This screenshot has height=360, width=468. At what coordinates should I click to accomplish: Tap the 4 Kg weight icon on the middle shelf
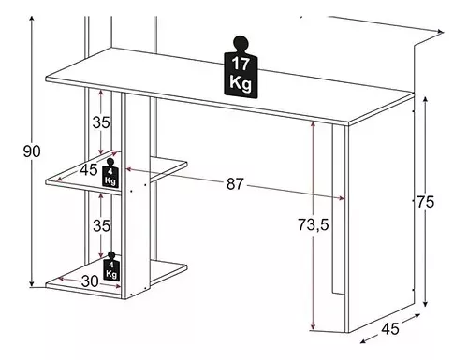tap(110, 173)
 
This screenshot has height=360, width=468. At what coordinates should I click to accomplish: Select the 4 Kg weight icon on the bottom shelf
tap(110, 266)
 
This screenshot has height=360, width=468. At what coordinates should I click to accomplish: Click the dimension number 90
tap(32, 151)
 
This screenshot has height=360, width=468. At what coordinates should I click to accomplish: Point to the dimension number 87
tap(235, 184)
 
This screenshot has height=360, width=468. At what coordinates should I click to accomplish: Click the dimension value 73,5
tap(313, 224)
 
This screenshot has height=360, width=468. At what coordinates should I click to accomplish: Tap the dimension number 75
tap(426, 202)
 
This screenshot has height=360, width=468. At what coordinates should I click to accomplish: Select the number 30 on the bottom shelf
tap(90, 281)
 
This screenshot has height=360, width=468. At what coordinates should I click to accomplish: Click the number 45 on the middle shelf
tap(89, 170)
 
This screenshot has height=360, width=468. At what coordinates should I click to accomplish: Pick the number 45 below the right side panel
tap(390, 328)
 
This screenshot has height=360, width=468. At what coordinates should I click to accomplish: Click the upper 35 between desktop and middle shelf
tap(101, 122)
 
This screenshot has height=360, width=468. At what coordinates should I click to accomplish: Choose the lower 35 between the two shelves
tap(102, 225)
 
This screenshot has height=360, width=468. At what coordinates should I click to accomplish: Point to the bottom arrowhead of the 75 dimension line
tap(425, 304)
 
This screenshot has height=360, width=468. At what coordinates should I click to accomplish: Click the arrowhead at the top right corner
tap(440, 32)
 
